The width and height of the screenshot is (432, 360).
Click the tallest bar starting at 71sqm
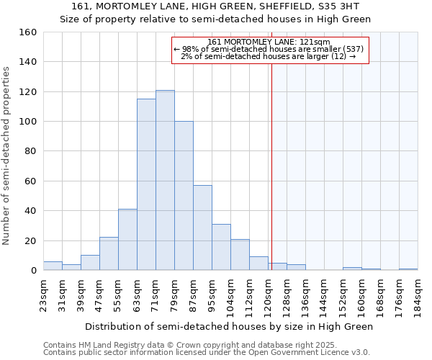[165, 180]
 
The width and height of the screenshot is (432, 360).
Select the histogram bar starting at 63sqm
[146, 184]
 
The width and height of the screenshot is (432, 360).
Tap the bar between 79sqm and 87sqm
[184, 196]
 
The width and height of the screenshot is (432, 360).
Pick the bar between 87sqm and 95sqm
[202, 228]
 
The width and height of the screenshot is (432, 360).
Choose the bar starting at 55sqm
[127, 240]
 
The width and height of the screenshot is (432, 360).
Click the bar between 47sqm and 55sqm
[109, 253]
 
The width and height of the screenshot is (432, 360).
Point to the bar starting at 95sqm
[221, 247]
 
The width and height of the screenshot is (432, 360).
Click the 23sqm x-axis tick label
[48, 293]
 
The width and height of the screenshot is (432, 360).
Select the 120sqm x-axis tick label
[268, 295]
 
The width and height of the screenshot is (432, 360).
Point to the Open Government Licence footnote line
[206, 352]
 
